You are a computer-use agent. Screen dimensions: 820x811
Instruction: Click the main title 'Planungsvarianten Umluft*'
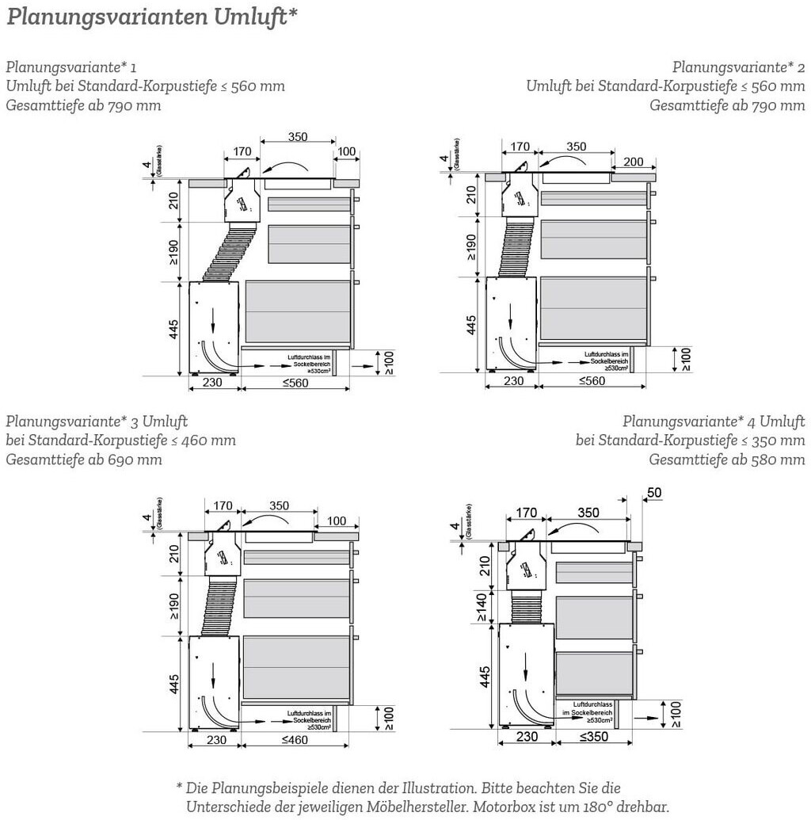point(152,17)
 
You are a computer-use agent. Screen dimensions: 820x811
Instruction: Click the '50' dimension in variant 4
point(654,493)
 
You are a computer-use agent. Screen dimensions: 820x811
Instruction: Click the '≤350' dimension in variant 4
point(594,737)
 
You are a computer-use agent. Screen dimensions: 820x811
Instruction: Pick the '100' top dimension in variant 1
point(346,151)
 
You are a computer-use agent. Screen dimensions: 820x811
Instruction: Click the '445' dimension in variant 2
point(471,325)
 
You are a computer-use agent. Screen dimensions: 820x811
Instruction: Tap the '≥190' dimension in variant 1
point(173,252)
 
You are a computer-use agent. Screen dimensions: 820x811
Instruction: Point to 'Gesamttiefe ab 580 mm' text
point(727,460)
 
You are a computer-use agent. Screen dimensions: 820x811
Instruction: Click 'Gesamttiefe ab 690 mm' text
point(84,460)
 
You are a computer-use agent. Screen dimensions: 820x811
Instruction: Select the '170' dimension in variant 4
point(527,513)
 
